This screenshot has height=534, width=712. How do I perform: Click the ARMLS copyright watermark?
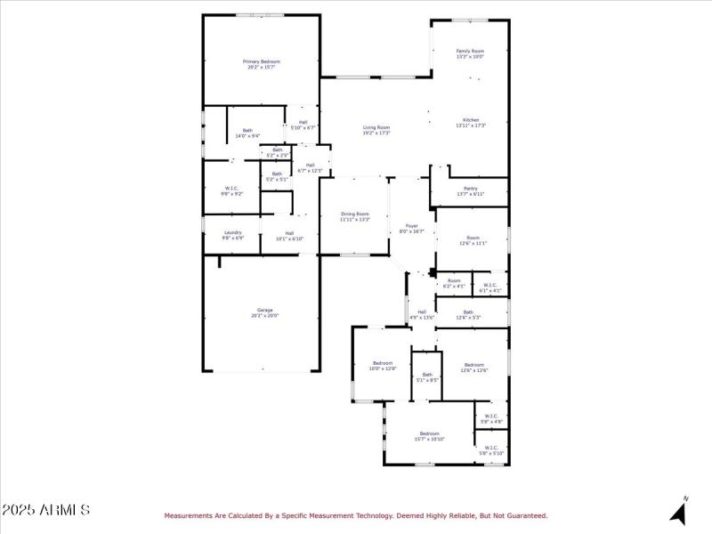point(45,510)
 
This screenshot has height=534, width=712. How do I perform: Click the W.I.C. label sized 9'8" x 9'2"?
point(231,190)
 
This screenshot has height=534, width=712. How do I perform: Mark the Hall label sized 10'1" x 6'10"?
point(289,235)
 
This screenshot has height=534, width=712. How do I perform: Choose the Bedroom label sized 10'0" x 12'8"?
point(383,365)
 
